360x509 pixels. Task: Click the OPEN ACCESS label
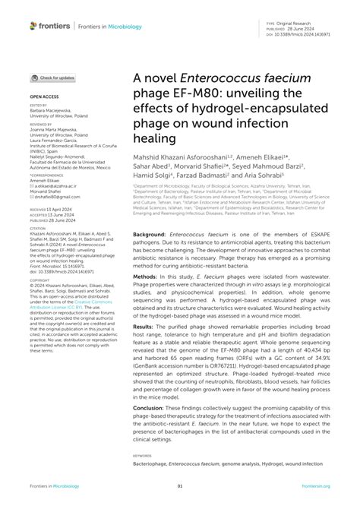(43, 98)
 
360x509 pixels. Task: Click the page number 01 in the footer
(180, 487)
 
